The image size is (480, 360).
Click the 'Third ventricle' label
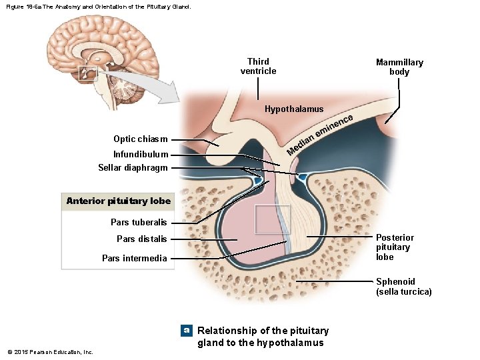click(258, 67)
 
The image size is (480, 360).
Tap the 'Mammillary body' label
click(399, 67)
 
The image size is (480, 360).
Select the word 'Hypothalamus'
click(294, 109)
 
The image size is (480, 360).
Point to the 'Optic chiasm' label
click(140, 139)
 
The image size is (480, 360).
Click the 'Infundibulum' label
click(140, 155)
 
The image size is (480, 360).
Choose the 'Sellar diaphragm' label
click(133, 168)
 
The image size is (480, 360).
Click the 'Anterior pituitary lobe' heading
click(118, 201)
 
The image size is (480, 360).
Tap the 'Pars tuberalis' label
click(139, 223)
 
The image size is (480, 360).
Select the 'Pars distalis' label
click(141, 239)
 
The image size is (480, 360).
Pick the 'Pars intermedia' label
click(134, 258)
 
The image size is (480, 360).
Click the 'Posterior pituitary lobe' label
click(395, 247)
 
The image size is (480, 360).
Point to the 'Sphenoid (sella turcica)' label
click(403, 287)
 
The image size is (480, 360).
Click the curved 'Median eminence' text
click(319, 134)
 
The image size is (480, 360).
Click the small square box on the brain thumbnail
click(88, 73)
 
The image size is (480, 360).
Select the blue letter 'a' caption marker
click(187, 331)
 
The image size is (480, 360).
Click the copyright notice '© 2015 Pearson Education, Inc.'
click(50, 352)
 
